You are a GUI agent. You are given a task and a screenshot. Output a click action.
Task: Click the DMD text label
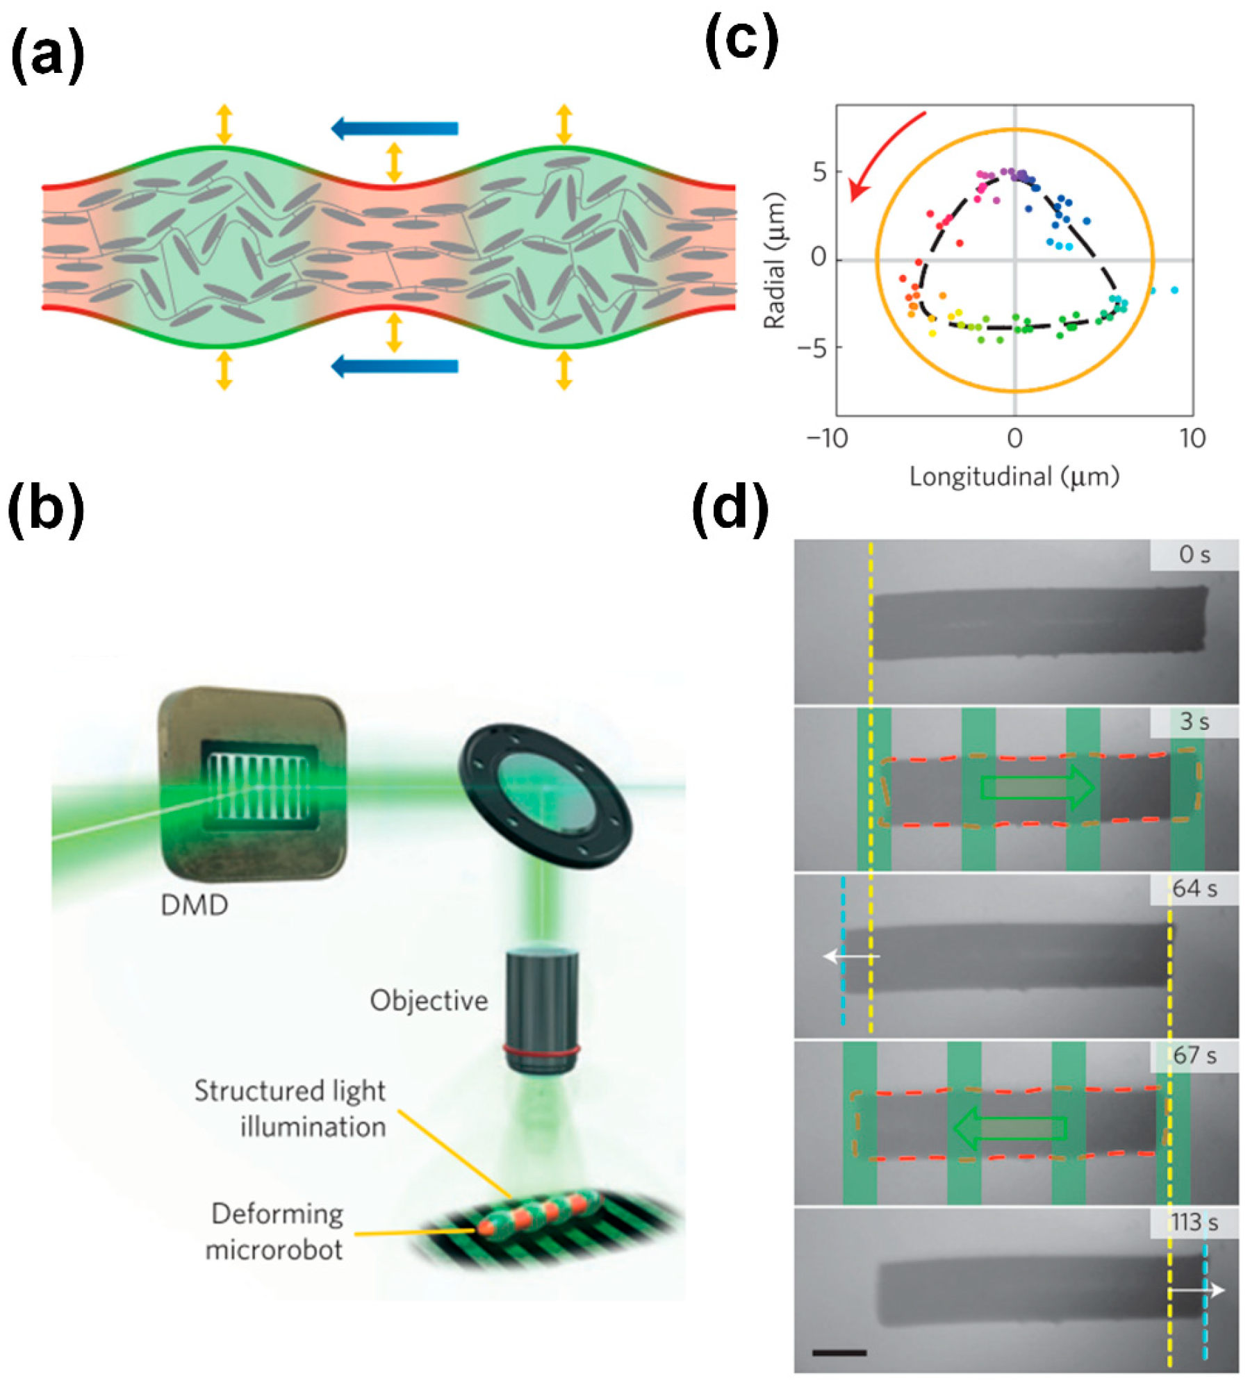pos(194,905)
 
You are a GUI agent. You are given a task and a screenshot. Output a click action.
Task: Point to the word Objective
pos(429,1000)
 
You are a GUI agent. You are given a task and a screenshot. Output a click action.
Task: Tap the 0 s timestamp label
pos(1194,555)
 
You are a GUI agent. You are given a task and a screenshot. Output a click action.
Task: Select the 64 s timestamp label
pos(1194,888)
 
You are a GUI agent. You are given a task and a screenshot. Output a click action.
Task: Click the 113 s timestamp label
pos(1194,1222)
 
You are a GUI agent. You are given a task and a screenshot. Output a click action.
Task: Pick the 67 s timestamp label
pos(1194,1055)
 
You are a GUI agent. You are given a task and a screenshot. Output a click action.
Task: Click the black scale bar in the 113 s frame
pos(839,1352)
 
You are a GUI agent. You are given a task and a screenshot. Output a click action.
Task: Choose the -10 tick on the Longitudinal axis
pos(827,438)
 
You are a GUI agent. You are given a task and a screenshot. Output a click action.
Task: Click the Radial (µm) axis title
pos(774,260)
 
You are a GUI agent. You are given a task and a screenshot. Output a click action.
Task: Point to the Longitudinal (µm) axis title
pos(1014,477)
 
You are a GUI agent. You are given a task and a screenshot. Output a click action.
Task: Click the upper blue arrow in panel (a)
pos(394,128)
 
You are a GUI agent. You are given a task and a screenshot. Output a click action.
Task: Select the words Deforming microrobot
pos(276,1232)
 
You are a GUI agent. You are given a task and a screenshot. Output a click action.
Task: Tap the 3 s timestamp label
pos(1194,722)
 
